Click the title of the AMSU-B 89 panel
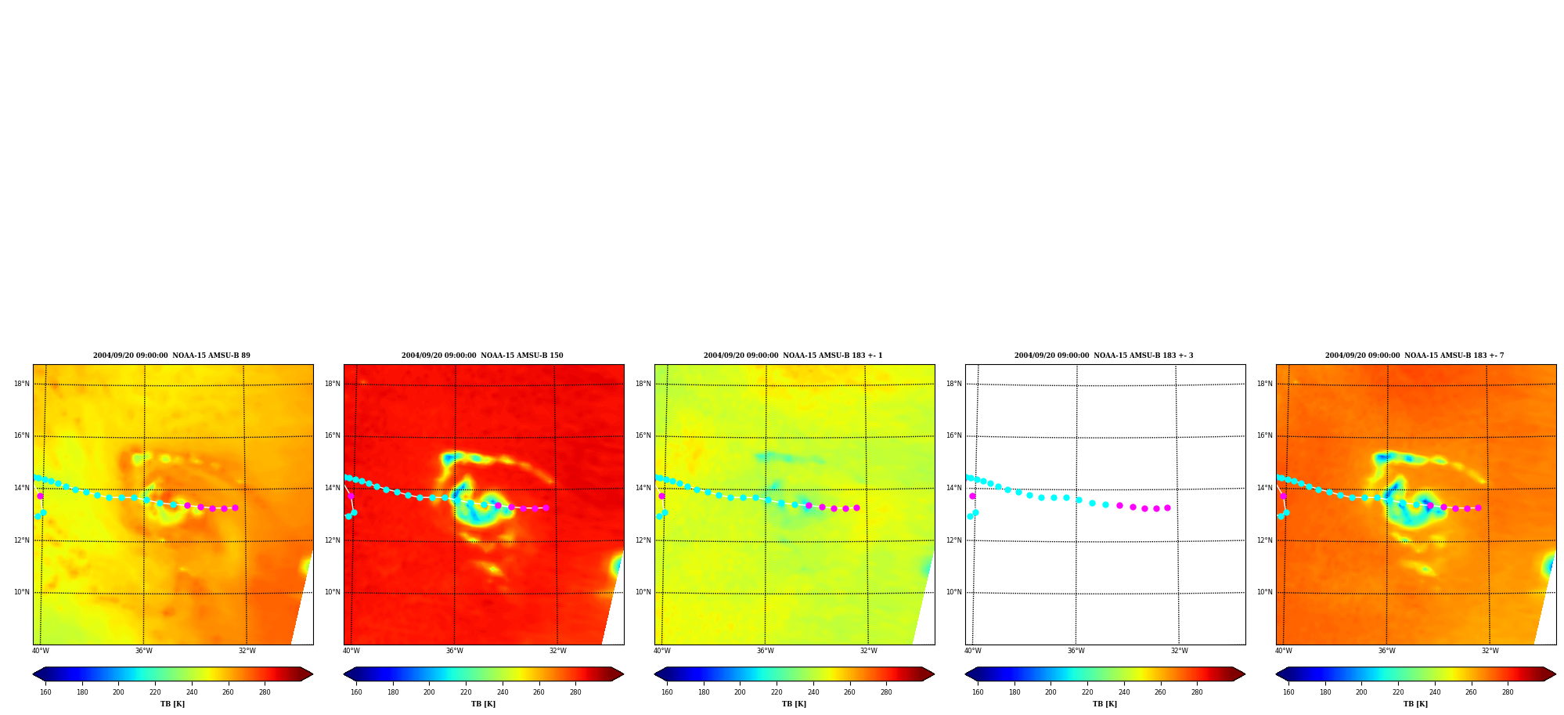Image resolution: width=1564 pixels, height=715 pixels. point(171,356)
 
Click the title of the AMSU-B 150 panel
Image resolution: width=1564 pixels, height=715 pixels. point(482,356)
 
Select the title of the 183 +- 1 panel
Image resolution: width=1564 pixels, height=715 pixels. point(793,356)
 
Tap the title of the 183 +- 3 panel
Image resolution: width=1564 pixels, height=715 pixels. point(1104,356)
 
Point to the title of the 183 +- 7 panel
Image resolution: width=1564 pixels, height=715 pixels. point(1414,356)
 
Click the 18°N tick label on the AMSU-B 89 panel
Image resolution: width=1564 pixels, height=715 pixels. point(21,384)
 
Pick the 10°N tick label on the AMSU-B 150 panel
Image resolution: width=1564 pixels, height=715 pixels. point(332,592)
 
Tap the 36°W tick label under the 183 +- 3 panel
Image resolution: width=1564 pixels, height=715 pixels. point(1076,651)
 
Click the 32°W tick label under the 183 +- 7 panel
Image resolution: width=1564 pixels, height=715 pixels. point(1490,651)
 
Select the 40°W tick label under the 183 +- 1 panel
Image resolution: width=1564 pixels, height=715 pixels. point(661,651)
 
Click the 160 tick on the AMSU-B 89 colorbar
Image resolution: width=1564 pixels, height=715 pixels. point(45,692)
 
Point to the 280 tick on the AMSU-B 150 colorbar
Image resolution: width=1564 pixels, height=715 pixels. point(575,692)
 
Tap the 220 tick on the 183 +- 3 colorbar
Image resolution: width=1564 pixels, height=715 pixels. point(1087,692)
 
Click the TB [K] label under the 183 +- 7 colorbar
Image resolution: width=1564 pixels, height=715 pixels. point(1415,704)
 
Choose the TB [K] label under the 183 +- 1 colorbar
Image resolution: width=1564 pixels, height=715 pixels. point(794,704)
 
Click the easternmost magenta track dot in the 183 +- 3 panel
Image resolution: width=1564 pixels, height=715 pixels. point(1167,507)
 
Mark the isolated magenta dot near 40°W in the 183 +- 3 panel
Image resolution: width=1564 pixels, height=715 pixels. point(972,496)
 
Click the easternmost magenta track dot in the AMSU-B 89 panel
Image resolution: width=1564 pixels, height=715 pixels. point(235,507)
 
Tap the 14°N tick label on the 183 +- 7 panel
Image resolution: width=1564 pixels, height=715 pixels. point(1264,488)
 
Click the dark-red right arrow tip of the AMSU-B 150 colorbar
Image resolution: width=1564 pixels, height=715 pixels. point(623,673)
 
